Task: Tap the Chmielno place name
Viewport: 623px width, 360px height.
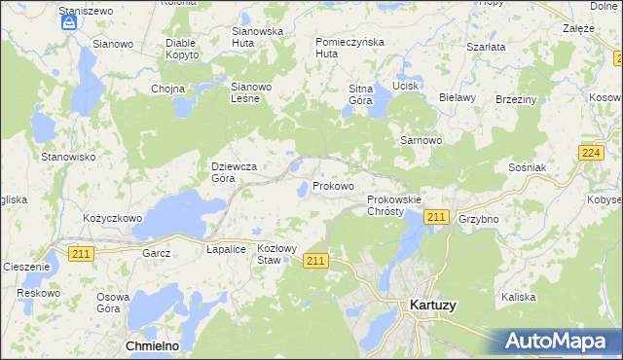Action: [152, 345]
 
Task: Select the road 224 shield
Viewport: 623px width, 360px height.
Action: [589, 153]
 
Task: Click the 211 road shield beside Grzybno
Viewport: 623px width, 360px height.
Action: [436, 217]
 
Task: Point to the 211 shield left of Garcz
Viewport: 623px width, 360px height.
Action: [82, 252]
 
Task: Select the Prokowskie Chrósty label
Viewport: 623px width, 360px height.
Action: [394, 205]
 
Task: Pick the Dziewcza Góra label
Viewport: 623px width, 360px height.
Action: [234, 172]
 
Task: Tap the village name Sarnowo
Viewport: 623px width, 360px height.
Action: [421, 140]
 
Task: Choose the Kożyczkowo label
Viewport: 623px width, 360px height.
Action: [113, 219]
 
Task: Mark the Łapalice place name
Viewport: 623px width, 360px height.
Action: [226, 249]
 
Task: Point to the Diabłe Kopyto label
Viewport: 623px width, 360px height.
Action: [182, 49]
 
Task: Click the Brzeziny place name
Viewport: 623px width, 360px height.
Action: [516, 99]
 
